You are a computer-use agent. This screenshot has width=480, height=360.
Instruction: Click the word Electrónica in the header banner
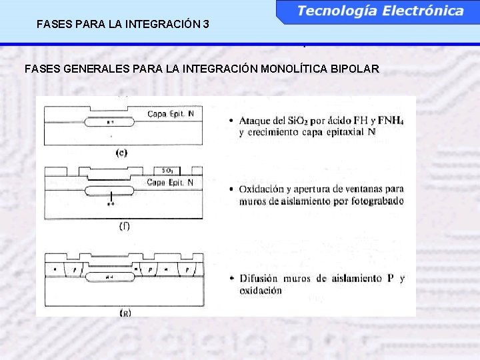coord(421,11)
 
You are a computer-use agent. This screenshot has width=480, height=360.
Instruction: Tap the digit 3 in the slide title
coord(206,25)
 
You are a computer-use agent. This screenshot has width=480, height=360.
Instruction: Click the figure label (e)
coord(121,153)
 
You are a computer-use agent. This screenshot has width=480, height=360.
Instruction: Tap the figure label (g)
coord(125,312)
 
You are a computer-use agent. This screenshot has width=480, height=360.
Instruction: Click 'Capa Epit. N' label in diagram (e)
coord(171,114)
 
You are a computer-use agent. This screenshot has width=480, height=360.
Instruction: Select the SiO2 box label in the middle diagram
coord(168,171)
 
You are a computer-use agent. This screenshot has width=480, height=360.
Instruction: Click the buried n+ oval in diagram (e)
coord(111,123)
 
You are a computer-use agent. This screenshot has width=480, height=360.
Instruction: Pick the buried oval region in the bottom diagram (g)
coord(111,276)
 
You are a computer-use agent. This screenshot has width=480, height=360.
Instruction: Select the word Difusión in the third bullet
coord(262,279)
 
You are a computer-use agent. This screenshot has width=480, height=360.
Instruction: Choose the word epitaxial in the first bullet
coord(339,132)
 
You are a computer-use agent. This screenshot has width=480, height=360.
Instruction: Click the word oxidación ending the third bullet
coord(260,291)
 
